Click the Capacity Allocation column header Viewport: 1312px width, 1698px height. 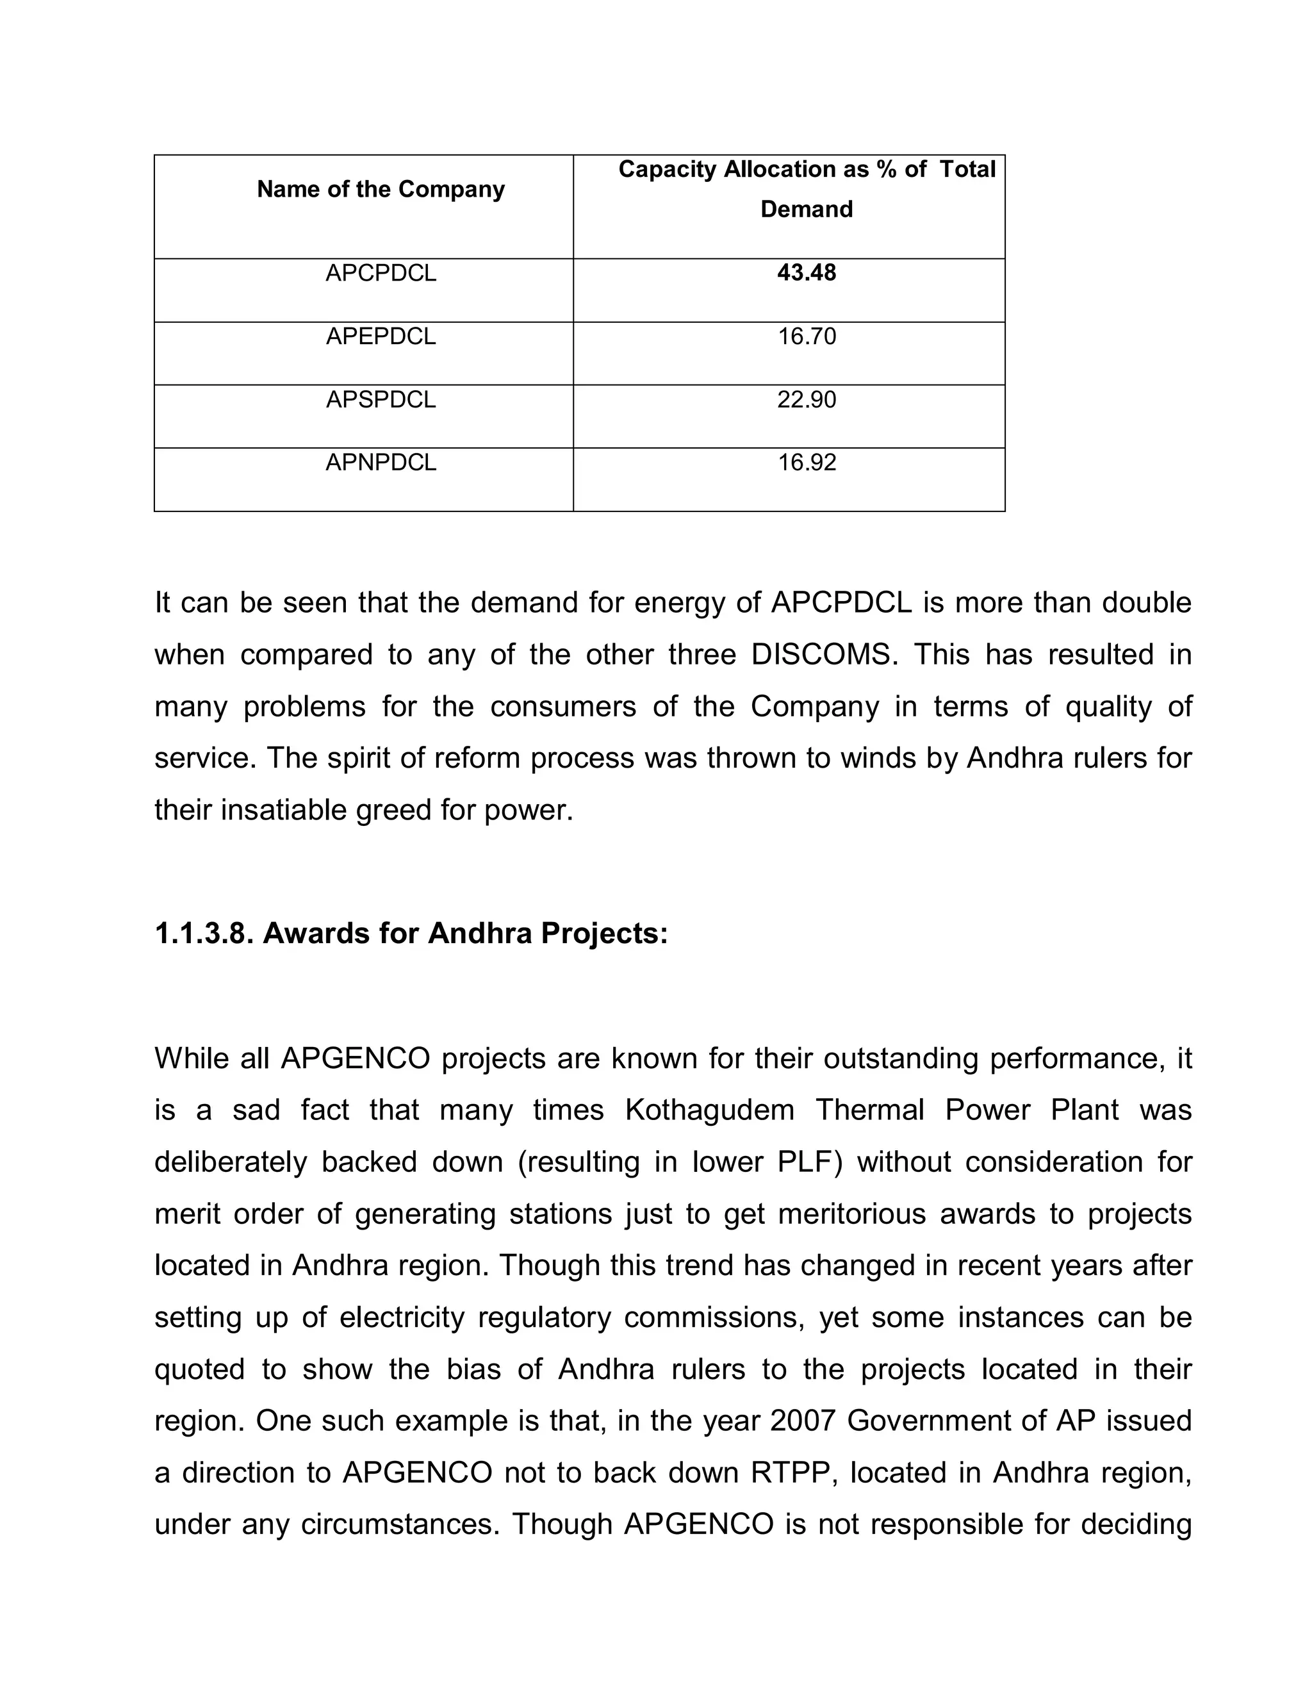point(806,189)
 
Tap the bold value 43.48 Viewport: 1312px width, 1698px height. point(806,273)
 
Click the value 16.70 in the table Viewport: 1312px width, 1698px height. point(806,336)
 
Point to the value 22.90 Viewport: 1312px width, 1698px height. point(806,400)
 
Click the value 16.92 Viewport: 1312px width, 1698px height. point(806,463)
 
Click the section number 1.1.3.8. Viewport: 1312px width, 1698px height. point(204,934)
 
